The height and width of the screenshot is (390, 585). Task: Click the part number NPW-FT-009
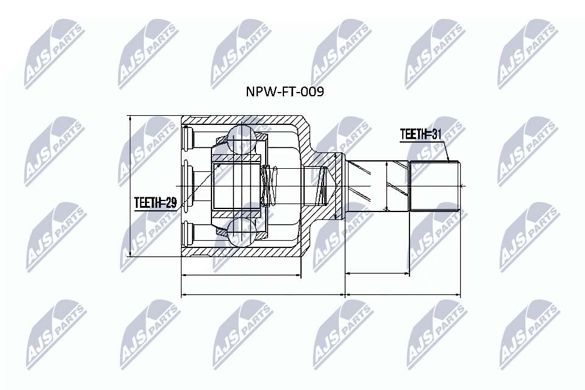pyautogui.click(x=283, y=92)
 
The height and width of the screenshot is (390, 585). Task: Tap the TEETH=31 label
pyautogui.click(x=420, y=134)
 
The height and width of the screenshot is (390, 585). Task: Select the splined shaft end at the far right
pyautogui.click(x=434, y=186)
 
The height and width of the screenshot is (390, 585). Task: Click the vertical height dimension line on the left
pyautogui.click(x=130, y=186)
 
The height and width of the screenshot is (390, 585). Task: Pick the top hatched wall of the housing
pyautogui.click(x=244, y=120)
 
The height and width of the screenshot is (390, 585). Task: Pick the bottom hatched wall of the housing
pyautogui.click(x=244, y=252)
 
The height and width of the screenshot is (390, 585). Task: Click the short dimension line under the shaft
pyautogui.click(x=377, y=274)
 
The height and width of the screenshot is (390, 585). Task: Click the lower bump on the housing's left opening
pyautogui.click(x=187, y=233)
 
